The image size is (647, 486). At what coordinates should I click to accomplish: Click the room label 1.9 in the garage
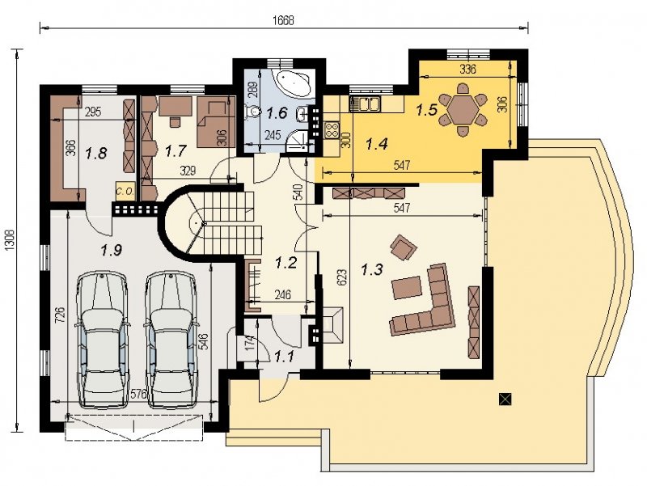(112, 250)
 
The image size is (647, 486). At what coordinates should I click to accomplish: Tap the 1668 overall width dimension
(284, 20)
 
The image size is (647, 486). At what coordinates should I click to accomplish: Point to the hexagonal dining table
(463, 110)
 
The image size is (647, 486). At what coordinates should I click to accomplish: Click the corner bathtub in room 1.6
(295, 82)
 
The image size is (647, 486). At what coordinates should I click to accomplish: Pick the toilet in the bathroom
(252, 112)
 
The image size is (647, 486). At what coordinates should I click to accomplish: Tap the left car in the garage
(102, 340)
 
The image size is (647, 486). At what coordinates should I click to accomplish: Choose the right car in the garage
(171, 340)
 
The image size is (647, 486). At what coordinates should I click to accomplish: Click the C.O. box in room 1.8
(125, 191)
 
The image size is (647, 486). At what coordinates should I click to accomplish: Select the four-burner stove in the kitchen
(332, 130)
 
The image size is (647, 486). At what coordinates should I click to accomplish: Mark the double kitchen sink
(366, 104)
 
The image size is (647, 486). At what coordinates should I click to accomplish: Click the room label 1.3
(372, 270)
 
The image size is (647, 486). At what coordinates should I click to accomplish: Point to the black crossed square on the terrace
(505, 399)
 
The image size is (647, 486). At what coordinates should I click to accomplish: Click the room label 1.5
(426, 110)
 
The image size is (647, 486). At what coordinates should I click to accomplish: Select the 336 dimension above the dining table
(467, 69)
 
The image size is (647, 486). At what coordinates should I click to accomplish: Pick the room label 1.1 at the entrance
(285, 356)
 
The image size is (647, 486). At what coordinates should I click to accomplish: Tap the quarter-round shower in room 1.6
(298, 141)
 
